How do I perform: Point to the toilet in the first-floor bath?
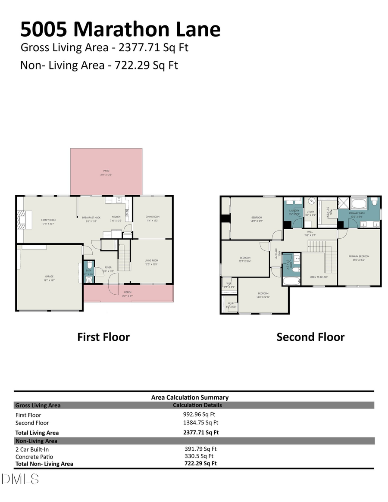89,279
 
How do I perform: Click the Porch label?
128,294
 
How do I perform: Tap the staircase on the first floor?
124,256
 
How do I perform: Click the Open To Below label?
319,277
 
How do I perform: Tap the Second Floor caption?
310,337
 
